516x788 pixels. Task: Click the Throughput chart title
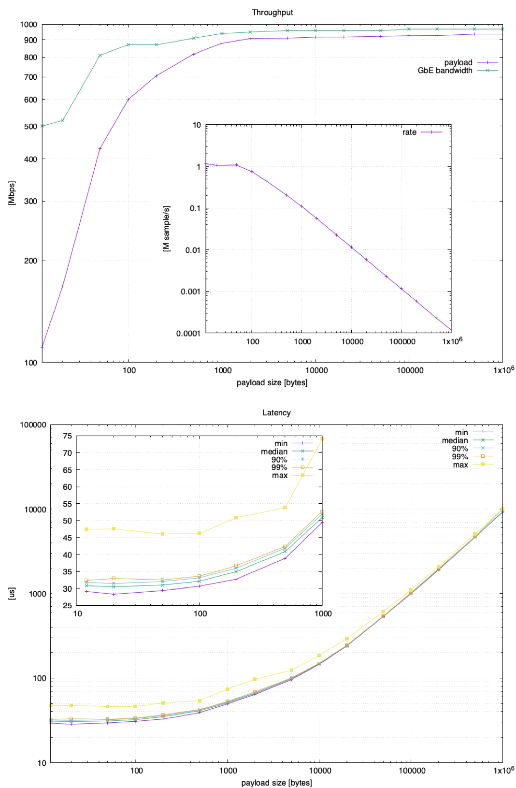[x=272, y=13]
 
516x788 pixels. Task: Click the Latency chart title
[x=276, y=413]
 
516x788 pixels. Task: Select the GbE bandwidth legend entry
[x=445, y=71]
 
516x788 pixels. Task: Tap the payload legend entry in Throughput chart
[x=458, y=62]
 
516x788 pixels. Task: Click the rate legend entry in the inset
[x=409, y=132]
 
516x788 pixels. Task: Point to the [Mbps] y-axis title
[x=12, y=193]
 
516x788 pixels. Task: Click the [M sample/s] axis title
[x=166, y=228]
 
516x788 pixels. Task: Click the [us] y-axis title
[x=12, y=594]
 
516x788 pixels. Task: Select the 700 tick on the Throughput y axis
[x=30, y=77]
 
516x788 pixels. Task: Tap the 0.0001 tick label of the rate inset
[x=188, y=334]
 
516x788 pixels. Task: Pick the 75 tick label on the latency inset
[x=67, y=436]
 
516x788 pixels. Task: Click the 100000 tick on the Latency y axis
[x=33, y=425]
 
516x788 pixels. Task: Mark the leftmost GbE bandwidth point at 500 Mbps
[x=43, y=126]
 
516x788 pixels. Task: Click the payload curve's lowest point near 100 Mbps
[x=43, y=347]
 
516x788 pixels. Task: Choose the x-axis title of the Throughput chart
[x=272, y=382]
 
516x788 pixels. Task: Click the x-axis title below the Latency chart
[x=276, y=783]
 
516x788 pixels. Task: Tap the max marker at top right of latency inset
[x=322, y=438]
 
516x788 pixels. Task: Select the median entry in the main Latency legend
[x=455, y=440]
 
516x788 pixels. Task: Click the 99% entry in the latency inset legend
[x=279, y=467]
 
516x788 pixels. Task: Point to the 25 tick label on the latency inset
[x=67, y=606]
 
